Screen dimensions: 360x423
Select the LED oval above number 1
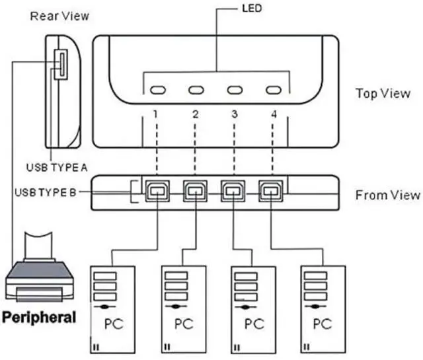pos(157,90)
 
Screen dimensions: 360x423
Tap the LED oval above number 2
pos(196,90)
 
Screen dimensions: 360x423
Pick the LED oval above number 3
pos(235,90)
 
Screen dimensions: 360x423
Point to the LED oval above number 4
pos(274,90)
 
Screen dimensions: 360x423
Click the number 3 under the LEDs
pos(235,114)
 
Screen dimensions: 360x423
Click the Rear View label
pos(59,15)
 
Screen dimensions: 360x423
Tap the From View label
pos(387,195)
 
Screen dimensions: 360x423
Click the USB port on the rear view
pos(59,64)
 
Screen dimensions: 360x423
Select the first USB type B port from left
pos(157,192)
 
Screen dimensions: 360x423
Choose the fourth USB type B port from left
pos(270,192)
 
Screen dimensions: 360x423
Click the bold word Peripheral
pos(40,317)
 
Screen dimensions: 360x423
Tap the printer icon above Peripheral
pos(40,271)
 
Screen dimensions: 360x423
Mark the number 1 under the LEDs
pos(153,114)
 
